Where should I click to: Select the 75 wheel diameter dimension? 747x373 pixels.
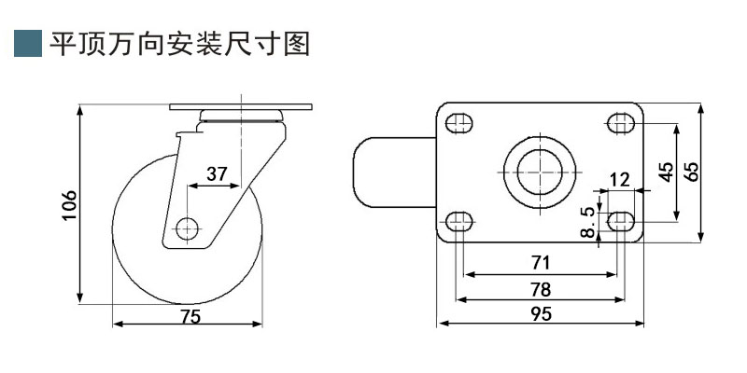pos(190,315)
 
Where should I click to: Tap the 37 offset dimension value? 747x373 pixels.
pos(217,173)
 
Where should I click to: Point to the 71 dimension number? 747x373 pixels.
pos(540,263)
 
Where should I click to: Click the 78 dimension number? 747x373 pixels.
pos(540,288)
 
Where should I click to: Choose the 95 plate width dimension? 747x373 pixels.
pos(540,314)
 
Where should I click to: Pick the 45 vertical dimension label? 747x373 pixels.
pos(666,173)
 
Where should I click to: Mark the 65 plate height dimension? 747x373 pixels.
pos(692,173)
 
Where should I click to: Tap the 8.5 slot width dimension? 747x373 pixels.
pos(588,222)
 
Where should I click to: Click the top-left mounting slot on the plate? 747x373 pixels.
pos(458,123)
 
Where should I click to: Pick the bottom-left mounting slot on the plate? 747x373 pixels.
pos(458,221)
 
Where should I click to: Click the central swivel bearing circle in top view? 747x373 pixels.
pos(540,173)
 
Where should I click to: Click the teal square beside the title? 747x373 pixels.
pos(29,43)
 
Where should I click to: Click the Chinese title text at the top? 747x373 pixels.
pos(179,43)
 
